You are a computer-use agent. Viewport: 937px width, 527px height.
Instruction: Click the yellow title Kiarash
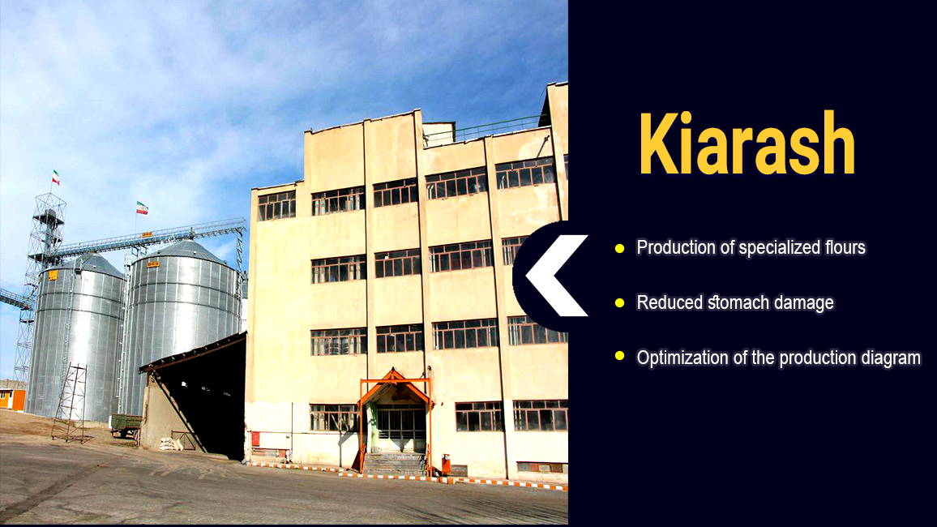tap(747, 144)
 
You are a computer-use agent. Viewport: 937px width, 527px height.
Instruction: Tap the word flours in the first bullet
tap(845, 247)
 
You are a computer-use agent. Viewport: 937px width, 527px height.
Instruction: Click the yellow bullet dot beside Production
tap(620, 248)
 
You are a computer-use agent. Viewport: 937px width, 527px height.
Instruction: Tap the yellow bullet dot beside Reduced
tap(620, 303)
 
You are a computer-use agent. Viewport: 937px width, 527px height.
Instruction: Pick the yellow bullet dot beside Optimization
tap(620, 356)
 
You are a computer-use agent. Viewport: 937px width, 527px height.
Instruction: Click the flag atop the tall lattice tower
tap(56, 178)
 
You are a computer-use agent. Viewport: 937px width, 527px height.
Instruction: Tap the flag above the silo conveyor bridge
tap(142, 208)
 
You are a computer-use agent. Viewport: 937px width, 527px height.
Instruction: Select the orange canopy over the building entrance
tap(395, 385)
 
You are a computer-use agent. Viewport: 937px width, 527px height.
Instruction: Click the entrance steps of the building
tap(395, 464)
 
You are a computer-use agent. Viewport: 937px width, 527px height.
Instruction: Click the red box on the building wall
tap(256, 439)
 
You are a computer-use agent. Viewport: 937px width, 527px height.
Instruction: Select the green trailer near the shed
tap(126, 424)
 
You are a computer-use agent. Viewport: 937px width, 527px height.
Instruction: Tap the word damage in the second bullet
tap(804, 303)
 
